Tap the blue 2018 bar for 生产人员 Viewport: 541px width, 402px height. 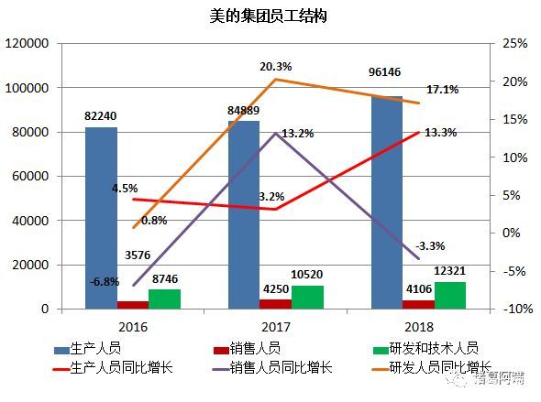[x=387, y=202]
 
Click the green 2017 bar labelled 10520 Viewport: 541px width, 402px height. [x=307, y=297]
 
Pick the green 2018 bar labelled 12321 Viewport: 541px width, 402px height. [x=450, y=295]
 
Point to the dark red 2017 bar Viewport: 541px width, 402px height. [x=275, y=304]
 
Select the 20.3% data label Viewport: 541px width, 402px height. [x=275, y=66]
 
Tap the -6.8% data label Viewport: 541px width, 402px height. [x=105, y=281]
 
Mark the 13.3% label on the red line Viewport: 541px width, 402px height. [x=442, y=133]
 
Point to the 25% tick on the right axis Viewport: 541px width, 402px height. [x=514, y=43]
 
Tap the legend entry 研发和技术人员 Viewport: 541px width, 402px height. [x=433, y=348]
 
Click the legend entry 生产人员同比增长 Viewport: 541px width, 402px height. [x=128, y=368]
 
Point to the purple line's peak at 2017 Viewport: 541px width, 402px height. [x=275, y=134]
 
